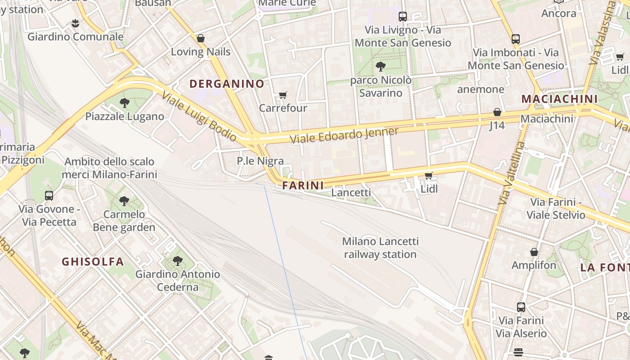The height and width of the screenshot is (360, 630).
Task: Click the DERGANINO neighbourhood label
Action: [227, 84]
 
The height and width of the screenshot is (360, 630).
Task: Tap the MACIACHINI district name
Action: [559, 99]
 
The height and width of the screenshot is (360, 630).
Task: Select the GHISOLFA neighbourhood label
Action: [93, 261]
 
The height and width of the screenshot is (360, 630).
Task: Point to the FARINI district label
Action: [303, 185]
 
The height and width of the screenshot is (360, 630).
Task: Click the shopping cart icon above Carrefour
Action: [283, 95]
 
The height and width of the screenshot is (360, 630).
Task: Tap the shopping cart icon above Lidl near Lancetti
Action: [429, 175]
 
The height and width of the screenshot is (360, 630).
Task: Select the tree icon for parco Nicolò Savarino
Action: [381, 67]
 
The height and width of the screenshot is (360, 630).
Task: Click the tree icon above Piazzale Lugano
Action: [125, 103]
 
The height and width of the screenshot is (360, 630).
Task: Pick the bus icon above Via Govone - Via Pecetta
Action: [49, 196]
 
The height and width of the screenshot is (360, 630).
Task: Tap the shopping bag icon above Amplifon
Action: [534, 252]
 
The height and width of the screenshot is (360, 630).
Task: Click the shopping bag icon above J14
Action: [497, 112]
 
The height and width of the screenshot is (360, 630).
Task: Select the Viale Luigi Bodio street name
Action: [199, 116]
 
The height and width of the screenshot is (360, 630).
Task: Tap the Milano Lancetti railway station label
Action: [380, 247]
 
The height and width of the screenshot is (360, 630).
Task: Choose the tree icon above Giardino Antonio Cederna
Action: [178, 261]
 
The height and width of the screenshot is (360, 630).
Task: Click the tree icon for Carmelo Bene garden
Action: [124, 201]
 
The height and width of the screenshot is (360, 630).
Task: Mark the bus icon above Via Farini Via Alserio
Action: [521, 307]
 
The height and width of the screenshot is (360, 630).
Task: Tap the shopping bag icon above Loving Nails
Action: [201, 39]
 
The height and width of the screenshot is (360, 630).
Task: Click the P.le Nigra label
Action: [260, 161]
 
